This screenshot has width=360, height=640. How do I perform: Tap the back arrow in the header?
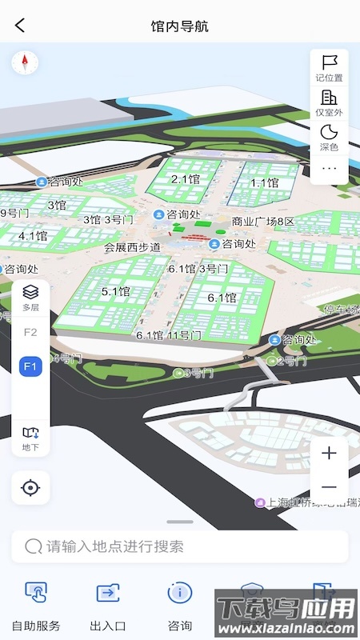20,26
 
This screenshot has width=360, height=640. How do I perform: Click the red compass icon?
25,62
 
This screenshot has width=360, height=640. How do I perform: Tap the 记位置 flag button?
329,67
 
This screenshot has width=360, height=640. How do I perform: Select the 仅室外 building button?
329,102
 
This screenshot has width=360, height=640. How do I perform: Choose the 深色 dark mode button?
329,138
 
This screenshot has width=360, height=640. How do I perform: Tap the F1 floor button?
30,366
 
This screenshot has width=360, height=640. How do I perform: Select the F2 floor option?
30,332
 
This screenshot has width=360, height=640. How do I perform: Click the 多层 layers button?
30,297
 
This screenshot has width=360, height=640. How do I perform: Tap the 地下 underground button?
30,438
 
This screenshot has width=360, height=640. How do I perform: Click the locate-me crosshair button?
30,487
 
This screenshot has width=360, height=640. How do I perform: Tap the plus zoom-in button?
329,454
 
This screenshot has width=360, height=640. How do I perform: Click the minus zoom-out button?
329,487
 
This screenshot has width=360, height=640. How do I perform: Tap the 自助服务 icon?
36,593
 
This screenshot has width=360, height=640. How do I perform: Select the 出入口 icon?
108,593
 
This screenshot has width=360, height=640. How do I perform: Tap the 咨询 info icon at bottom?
180,593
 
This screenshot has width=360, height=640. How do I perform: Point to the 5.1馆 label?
116,292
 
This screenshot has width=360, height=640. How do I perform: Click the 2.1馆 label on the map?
185,179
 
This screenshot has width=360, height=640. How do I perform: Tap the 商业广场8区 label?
263,222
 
